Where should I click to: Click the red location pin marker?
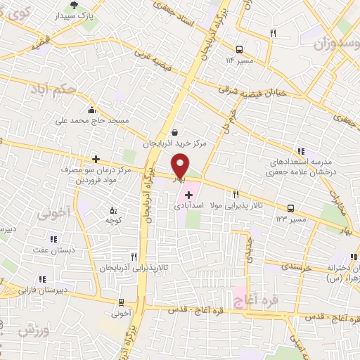pos(181,166)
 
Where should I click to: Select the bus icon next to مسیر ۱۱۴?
pos(240,49)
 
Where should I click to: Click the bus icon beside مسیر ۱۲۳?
pos(291,208)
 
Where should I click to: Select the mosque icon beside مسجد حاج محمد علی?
pos(91,110)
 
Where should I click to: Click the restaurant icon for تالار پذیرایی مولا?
pos(236,194)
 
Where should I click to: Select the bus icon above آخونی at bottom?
pos(122,302)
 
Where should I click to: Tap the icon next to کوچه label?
pos(114,210)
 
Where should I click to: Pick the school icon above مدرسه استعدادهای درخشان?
pos(302,150)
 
